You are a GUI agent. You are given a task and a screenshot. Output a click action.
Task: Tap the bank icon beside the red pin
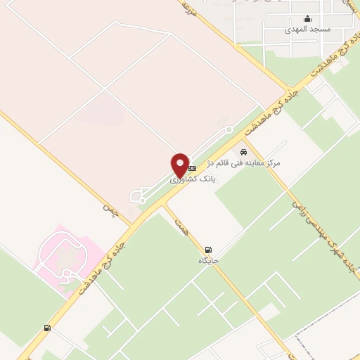point(191,169)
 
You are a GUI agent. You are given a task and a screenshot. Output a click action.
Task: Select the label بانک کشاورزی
point(191,180)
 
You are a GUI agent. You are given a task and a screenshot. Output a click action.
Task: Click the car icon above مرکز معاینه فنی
point(244,152)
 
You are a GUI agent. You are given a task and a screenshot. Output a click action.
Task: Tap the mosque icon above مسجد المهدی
point(307,20)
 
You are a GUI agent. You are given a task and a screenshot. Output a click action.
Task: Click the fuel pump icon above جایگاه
point(208,250)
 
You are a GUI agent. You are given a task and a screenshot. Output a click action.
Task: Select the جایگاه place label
point(209,260)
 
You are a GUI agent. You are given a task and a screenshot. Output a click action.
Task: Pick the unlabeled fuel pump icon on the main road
point(47,328)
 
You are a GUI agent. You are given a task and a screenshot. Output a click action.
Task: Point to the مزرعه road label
point(187,8)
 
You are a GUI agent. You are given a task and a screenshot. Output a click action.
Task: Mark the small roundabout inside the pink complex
point(63,257)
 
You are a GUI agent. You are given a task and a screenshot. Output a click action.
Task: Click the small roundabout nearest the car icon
point(229,129)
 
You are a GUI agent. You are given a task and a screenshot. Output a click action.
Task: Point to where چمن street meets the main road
point(132,224)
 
